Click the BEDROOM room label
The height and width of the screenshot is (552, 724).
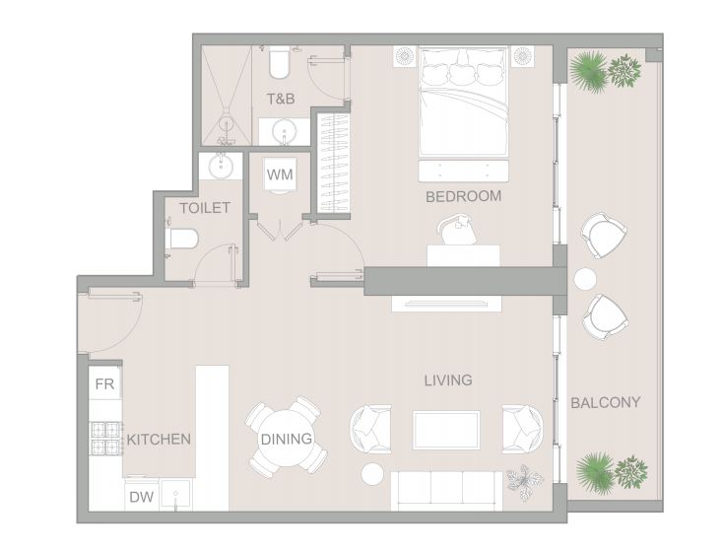[x=463, y=196]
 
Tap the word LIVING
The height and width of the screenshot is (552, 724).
[x=448, y=380]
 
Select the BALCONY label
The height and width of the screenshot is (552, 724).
[x=606, y=402]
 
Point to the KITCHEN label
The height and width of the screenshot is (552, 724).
[x=159, y=439]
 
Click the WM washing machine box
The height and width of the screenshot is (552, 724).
[x=280, y=174]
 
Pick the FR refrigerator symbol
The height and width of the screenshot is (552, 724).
[x=104, y=382]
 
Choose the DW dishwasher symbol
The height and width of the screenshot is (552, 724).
[x=141, y=497]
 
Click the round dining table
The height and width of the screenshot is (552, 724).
[x=287, y=438]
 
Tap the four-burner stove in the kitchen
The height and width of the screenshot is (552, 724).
[x=105, y=439]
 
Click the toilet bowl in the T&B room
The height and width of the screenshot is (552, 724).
[x=279, y=62]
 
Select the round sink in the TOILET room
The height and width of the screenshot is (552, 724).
[x=221, y=167]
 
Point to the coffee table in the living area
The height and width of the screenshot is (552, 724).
[x=446, y=430]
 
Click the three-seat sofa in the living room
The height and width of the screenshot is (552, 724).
[x=446, y=491]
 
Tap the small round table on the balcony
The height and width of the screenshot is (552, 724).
[x=585, y=279]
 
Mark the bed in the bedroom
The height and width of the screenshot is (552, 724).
[x=464, y=102]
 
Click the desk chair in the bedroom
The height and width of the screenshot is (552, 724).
[x=458, y=229]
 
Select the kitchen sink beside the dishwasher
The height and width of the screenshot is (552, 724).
[x=175, y=496]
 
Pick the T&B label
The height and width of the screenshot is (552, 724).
[x=281, y=99]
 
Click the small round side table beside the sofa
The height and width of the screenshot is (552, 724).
[x=372, y=474]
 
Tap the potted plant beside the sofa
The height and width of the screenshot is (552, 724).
[x=524, y=482]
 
